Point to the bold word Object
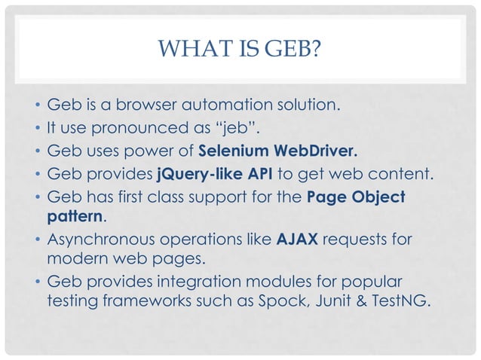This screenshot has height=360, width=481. click(379, 197)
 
